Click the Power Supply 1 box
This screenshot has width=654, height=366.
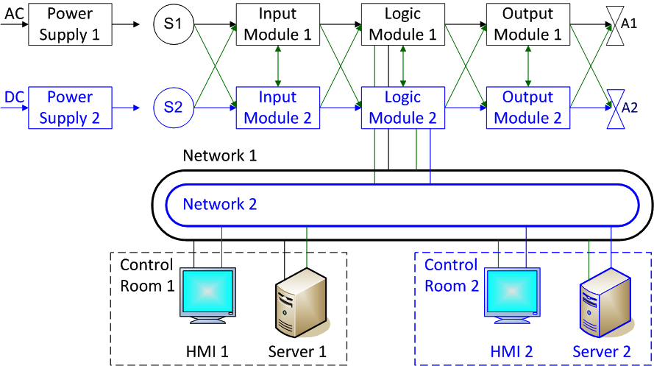[x=70, y=24]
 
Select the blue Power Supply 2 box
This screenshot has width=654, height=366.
[x=70, y=108]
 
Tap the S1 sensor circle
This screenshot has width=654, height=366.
[x=174, y=24]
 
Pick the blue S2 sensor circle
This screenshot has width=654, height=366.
[x=174, y=108]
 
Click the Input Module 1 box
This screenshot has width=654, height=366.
[x=278, y=24]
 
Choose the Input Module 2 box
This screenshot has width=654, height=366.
[x=278, y=108]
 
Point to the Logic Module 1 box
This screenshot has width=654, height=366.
[x=403, y=24]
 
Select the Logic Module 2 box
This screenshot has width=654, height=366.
[x=403, y=108]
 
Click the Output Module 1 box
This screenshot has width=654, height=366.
[x=528, y=24]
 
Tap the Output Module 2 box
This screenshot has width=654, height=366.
[x=528, y=108]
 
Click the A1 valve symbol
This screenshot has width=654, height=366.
[x=615, y=26]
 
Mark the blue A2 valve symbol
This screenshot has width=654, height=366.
[x=615, y=109]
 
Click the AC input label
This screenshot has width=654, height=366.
[x=14, y=14]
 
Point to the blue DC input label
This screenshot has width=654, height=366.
[x=14, y=97]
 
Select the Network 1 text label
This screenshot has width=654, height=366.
[x=220, y=155]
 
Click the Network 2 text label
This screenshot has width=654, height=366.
[x=220, y=204]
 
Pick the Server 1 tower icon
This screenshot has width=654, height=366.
[x=301, y=302]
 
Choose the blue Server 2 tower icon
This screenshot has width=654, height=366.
[x=605, y=302]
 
